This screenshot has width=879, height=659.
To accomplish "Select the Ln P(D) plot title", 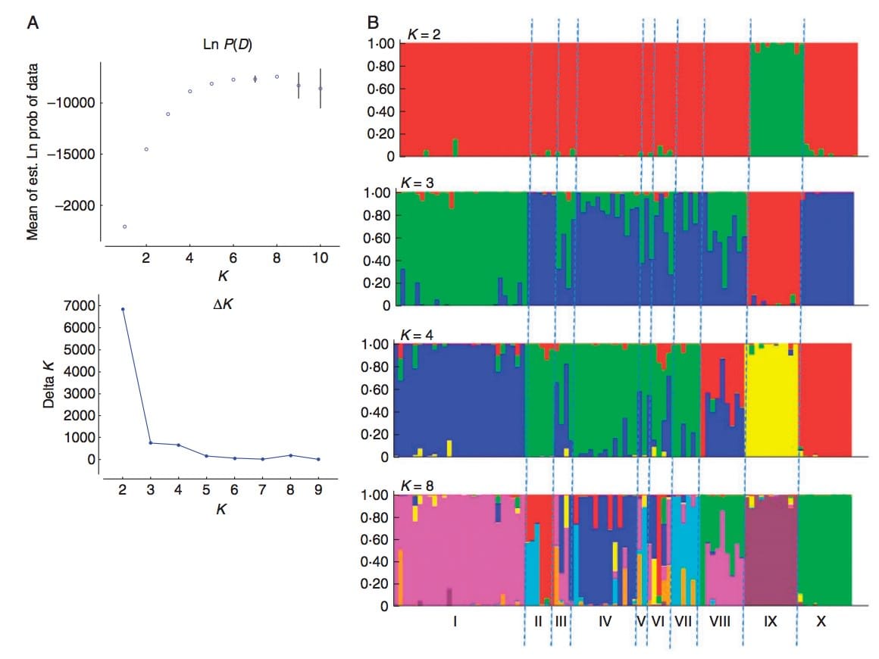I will (222, 45).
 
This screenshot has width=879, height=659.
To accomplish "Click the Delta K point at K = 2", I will (123, 309).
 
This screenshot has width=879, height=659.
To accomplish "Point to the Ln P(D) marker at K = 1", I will (124, 226).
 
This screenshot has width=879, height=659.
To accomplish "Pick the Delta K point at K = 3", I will (151, 443).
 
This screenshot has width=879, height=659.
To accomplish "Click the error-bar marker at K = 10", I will (321, 88).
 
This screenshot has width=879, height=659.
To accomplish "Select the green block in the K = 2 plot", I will (775, 98).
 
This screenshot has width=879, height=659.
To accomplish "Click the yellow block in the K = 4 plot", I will (771, 401).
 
